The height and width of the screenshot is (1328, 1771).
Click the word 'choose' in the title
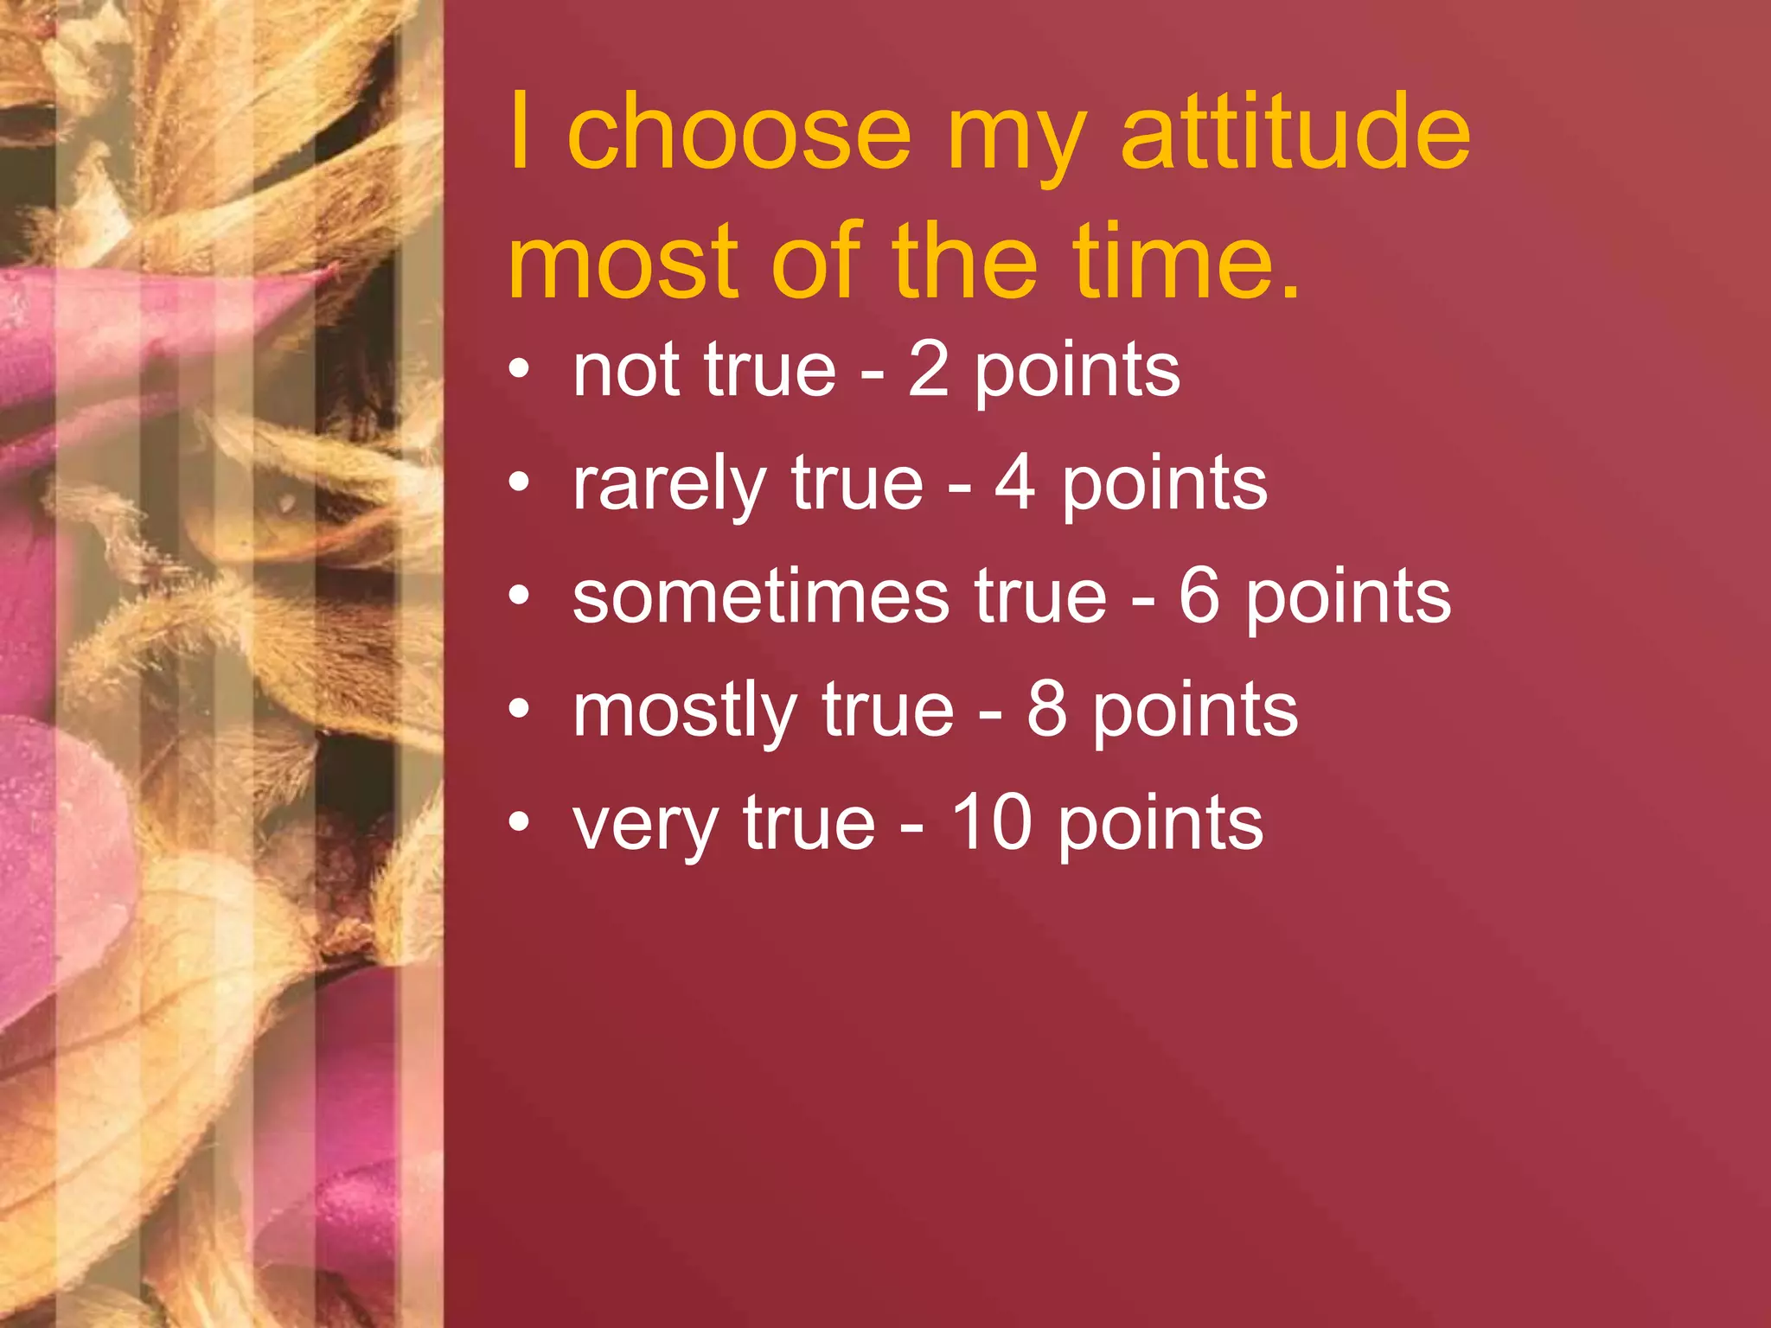(739, 134)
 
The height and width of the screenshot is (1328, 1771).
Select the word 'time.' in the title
(1186, 261)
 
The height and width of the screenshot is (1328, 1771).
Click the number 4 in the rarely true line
(1015, 484)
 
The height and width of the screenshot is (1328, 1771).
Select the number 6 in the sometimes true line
(1199, 597)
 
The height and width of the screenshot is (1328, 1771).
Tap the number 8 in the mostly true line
(1047, 710)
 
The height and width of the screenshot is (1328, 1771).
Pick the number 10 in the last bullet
(992, 823)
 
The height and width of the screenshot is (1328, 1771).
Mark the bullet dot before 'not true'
(519, 370)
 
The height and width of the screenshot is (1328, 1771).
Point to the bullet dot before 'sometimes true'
(519, 597)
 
